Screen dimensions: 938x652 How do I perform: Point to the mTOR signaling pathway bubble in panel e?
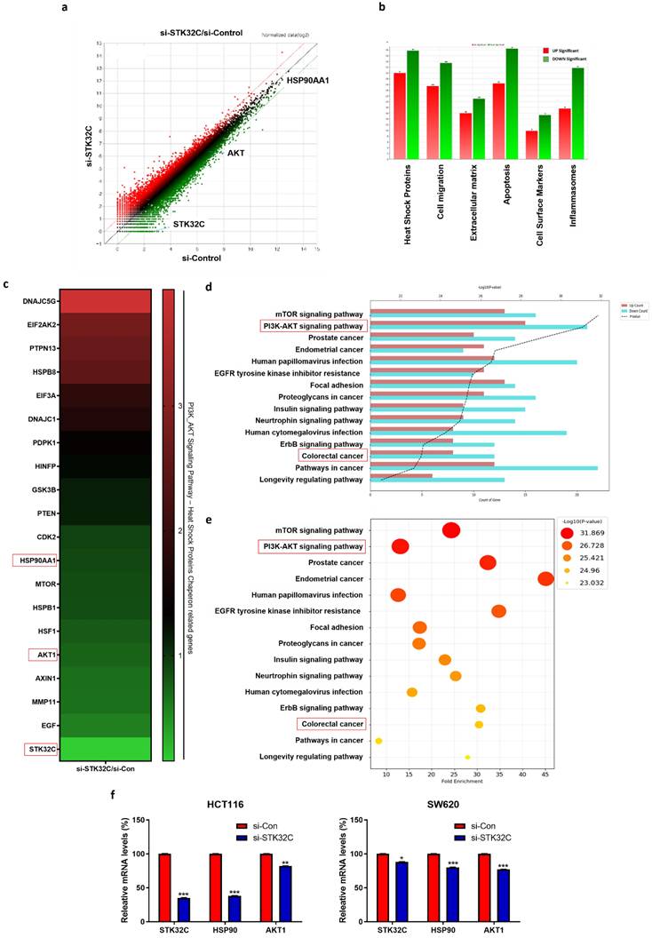tap(451, 530)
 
